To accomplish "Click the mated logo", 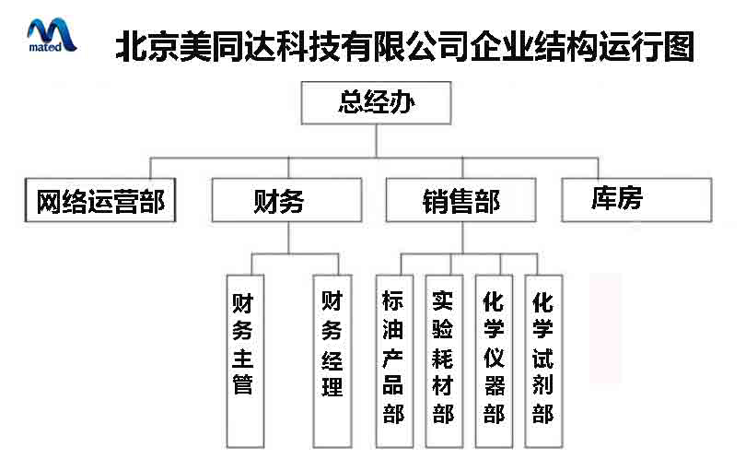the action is [52, 35].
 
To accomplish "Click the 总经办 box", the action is [376, 103].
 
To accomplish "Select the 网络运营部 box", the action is [100, 200].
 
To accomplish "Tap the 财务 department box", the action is [286, 200].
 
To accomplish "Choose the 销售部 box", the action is [460, 200].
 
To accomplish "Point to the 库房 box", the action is [636, 200].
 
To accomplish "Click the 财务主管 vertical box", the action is [245, 361].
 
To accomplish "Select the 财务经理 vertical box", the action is [332, 361].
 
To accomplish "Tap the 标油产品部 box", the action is [394, 361].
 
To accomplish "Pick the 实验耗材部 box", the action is [444, 361].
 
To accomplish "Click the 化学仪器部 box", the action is [494, 361].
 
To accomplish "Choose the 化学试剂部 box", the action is [543, 361].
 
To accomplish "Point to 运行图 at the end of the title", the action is [647, 47].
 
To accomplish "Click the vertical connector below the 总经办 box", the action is [377, 141].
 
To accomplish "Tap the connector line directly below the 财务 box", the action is [288, 238].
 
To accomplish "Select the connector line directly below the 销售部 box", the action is [462, 238].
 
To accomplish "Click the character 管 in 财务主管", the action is [242, 383].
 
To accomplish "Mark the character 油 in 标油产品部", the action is [393, 329].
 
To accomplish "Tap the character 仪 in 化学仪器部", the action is [494, 357].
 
